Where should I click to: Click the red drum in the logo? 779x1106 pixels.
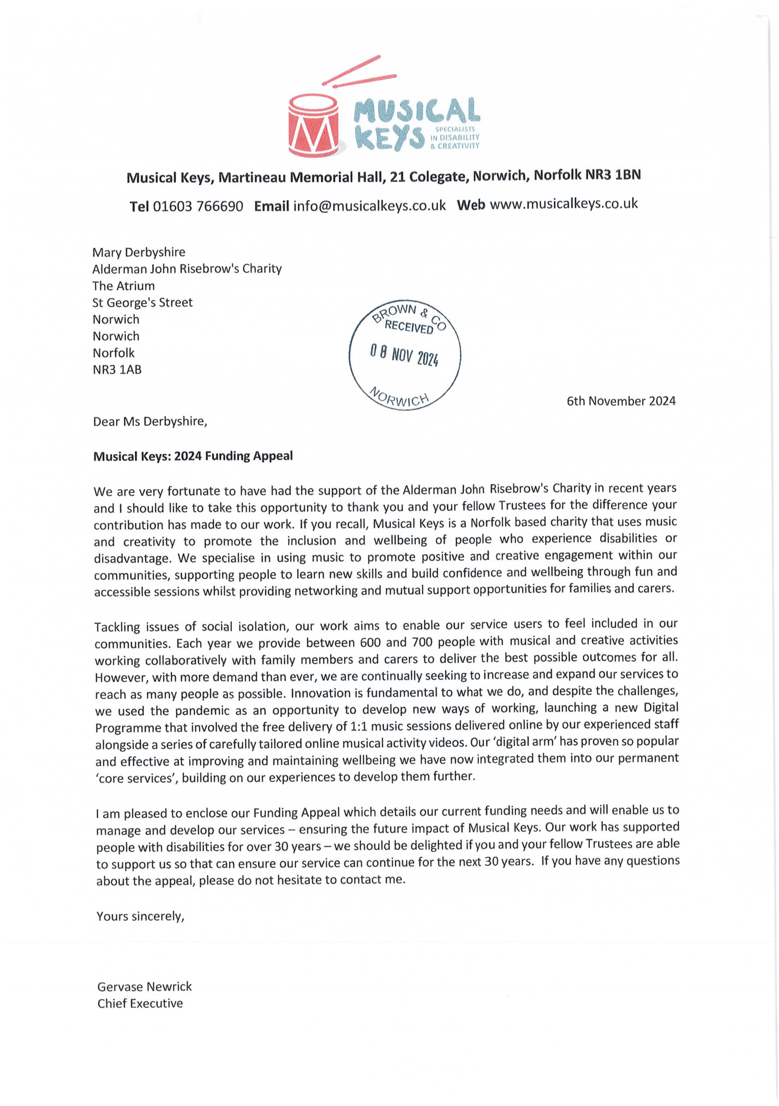click(313, 125)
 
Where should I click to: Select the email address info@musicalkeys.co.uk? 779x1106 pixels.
click(369, 206)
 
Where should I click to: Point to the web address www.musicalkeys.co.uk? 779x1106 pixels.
click(564, 204)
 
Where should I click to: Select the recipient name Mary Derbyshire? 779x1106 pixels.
click(139, 252)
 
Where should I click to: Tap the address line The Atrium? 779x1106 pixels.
click(123, 286)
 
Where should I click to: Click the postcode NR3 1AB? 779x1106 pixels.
click(117, 370)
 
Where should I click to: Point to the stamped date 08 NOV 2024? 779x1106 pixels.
click(404, 356)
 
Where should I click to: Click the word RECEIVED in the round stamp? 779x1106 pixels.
click(409, 327)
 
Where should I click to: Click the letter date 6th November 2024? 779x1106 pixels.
click(621, 401)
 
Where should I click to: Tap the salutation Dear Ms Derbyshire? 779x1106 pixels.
click(150, 422)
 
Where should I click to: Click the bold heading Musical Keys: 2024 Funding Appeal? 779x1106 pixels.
click(193, 456)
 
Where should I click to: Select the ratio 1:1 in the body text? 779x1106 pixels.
click(360, 726)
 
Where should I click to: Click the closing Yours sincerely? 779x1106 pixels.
click(140, 916)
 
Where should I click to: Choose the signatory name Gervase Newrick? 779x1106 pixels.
click(145, 987)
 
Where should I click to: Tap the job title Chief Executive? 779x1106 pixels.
click(140, 1003)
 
